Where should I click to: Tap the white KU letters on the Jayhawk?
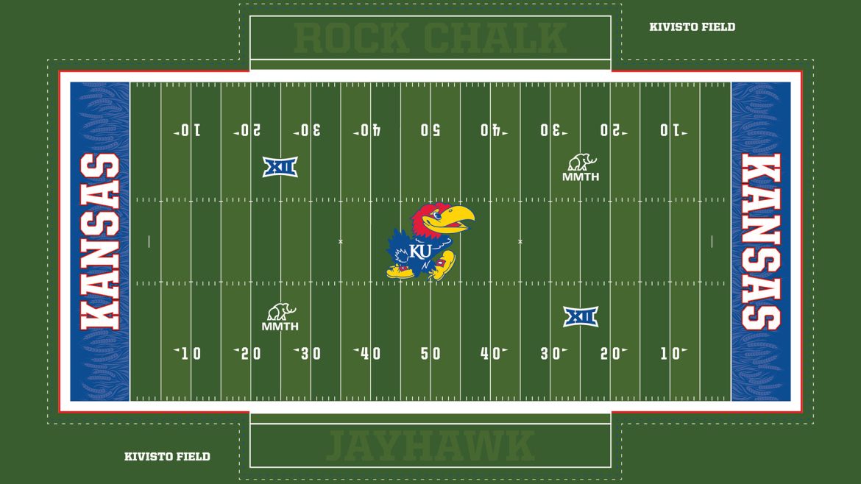420,251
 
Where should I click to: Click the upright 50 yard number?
431,354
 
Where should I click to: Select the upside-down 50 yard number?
431,131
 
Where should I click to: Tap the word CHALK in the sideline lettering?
495,38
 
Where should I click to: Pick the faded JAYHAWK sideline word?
431,446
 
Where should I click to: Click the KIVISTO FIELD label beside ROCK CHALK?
692,27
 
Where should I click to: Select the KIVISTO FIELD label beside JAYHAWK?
167,457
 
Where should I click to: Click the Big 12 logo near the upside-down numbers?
280,167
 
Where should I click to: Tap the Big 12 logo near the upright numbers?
581,316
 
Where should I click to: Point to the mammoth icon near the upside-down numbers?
581,162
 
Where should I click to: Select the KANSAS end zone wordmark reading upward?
100,241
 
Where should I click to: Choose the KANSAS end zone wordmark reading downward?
761,241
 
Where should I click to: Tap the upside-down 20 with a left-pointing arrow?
247,131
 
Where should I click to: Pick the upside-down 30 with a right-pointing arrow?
553,131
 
